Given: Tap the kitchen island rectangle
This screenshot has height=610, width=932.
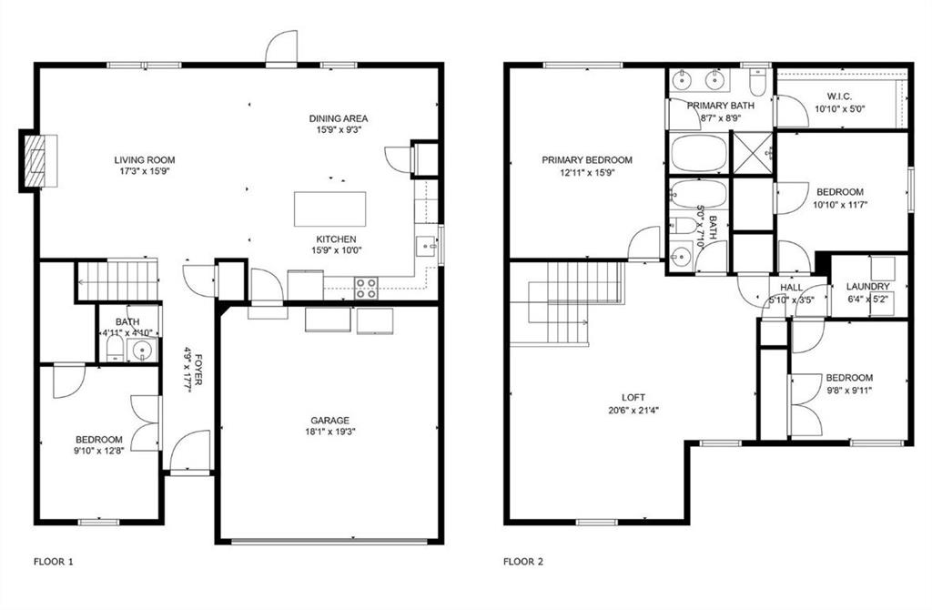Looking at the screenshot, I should (x=330, y=208).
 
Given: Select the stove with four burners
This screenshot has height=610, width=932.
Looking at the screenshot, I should (x=366, y=288).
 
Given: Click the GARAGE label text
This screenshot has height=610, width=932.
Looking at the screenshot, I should (x=329, y=421).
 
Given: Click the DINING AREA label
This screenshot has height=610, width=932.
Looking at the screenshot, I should (x=338, y=118).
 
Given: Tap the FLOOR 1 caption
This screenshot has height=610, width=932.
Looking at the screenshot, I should (x=53, y=562).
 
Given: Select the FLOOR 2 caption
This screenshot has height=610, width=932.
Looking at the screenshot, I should (x=523, y=562).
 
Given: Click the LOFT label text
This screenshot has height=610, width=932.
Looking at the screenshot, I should (x=633, y=398).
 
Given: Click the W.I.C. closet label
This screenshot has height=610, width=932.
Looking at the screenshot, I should (x=839, y=97).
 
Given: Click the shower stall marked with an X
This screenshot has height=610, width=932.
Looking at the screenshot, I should (x=752, y=152).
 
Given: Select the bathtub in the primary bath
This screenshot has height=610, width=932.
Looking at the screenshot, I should (x=698, y=153).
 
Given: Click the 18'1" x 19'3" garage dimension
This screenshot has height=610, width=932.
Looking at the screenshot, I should (x=329, y=432).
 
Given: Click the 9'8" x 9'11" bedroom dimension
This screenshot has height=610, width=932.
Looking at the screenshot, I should (x=848, y=391).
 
